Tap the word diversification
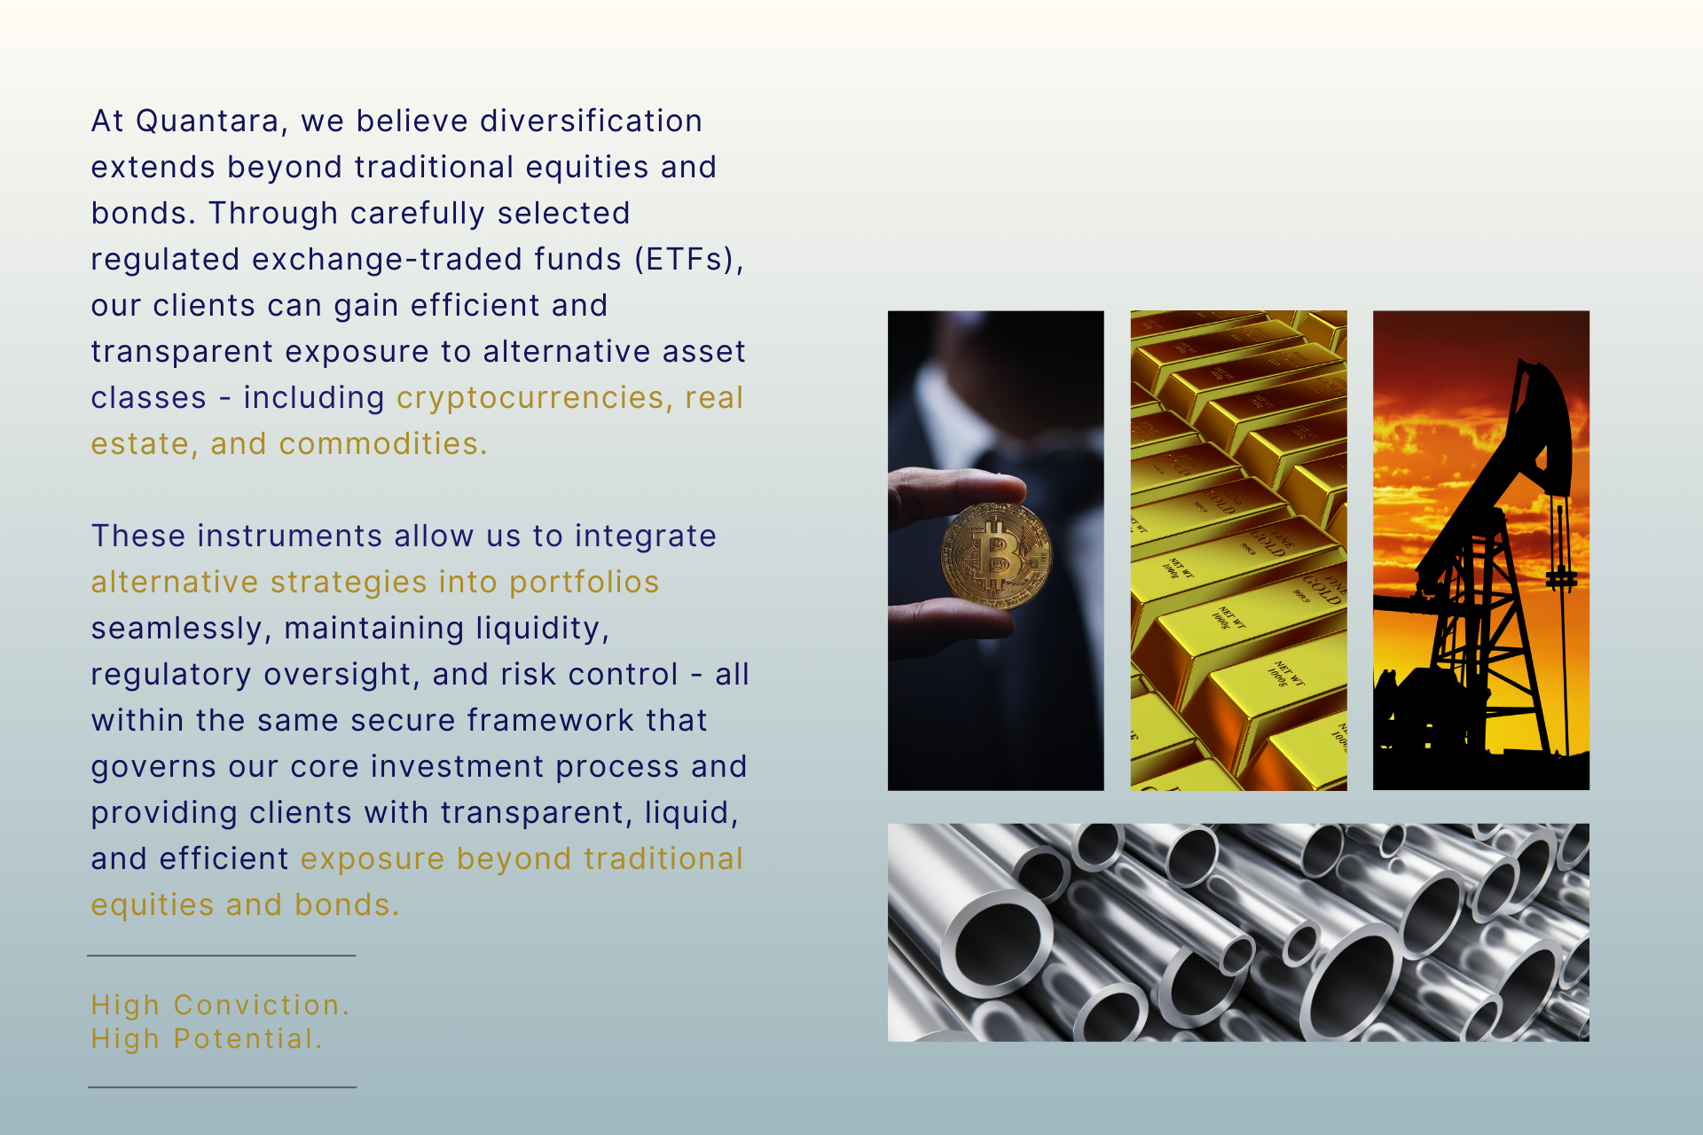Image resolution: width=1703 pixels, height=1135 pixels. [591, 121]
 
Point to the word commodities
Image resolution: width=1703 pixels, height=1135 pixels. [383, 443]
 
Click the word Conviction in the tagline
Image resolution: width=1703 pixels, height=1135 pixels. [262, 1005]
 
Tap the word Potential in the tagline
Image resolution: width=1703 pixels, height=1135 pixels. [248, 1038]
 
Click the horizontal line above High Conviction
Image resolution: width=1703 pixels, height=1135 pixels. [222, 956]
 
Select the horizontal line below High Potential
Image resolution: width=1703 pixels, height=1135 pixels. [223, 1087]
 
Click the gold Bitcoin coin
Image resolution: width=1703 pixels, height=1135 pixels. [995, 555]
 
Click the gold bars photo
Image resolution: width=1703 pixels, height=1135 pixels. [1238, 550]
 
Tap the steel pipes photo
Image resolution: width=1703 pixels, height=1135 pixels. [1238, 932]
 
